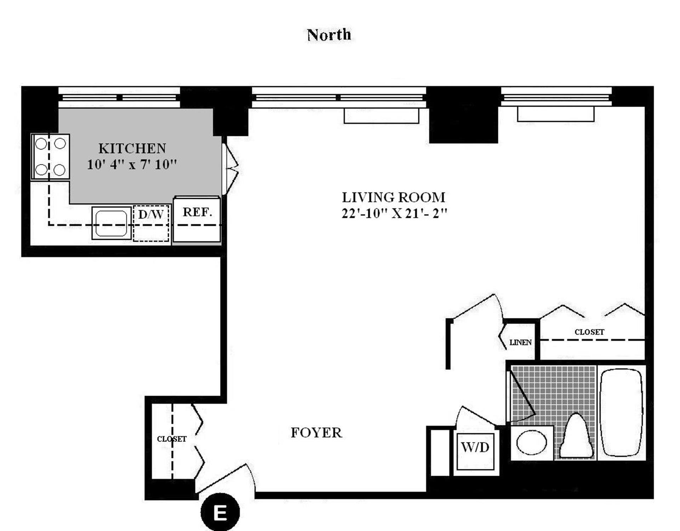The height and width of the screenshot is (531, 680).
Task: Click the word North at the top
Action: pyautogui.click(x=329, y=35)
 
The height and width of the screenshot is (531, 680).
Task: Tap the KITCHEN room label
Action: pyautogui.click(x=132, y=148)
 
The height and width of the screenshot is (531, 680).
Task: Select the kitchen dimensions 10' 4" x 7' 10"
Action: pyautogui.click(x=132, y=165)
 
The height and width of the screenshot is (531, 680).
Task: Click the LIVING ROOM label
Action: pyautogui.click(x=393, y=197)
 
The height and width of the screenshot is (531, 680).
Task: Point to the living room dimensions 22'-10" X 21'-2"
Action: pyautogui.click(x=394, y=214)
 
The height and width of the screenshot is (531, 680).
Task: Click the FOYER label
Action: pyautogui.click(x=316, y=433)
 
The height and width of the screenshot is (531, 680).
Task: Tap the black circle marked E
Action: pyautogui.click(x=220, y=512)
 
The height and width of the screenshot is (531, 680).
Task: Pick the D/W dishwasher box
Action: pyautogui.click(x=151, y=223)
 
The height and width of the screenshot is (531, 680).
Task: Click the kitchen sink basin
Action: pyautogui.click(x=111, y=223)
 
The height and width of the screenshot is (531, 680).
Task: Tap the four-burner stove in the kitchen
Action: pyautogui.click(x=50, y=156)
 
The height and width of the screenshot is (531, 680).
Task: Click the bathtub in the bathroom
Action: pyautogui.click(x=622, y=413)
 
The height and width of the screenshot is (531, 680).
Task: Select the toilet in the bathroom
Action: pyautogui.click(x=576, y=437)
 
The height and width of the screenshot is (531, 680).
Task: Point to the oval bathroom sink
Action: pyautogui.click(x=531, y=442)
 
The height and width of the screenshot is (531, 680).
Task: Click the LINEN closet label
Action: pyautogui.click(x=520, y=343)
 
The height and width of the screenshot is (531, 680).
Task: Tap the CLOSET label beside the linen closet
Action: pyautogui.click(x=589, y=332)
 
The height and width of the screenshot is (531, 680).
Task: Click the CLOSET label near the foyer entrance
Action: pyautogui.click(x=172, y=439)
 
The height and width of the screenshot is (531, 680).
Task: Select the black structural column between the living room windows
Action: pyautogui.click(x=463, y=115)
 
